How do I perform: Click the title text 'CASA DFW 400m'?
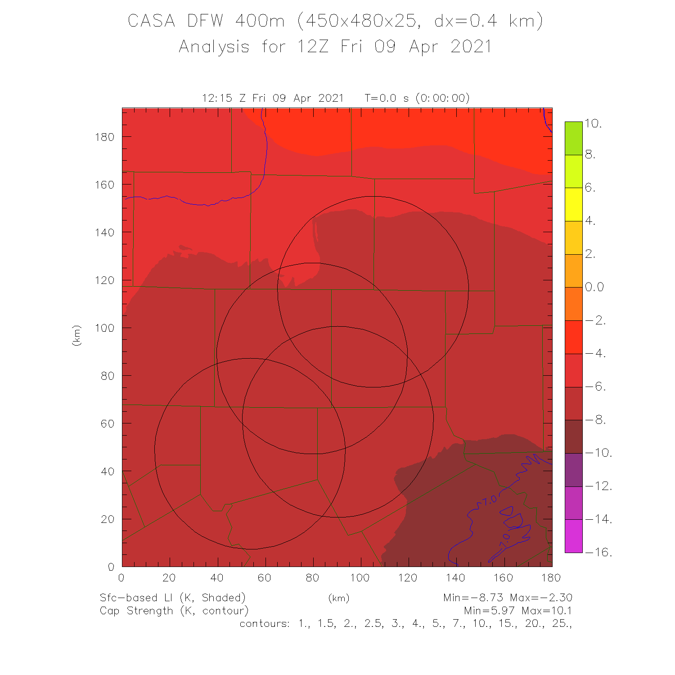point(206,21)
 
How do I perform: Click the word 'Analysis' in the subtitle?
point(214,47)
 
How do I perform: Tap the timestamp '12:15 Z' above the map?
point(225,98)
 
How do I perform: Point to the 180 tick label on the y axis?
point(104,137)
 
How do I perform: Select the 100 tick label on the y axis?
point(104,328)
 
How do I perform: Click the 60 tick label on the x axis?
point(264,578)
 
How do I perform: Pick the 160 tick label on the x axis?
point(503,578)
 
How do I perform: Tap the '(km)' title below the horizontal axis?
point(338,598)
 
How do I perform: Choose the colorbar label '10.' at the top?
point(593,124)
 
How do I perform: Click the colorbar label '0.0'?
point(594,287)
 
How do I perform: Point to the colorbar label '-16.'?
point(598,552)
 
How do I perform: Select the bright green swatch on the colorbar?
point(574,138)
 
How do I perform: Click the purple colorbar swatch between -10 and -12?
point(574,469)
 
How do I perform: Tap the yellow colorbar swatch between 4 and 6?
point(574,204)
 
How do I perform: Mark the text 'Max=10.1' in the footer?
point(546,611)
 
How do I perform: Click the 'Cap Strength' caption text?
point(136,611)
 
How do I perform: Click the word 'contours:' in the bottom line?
point(265,624)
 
